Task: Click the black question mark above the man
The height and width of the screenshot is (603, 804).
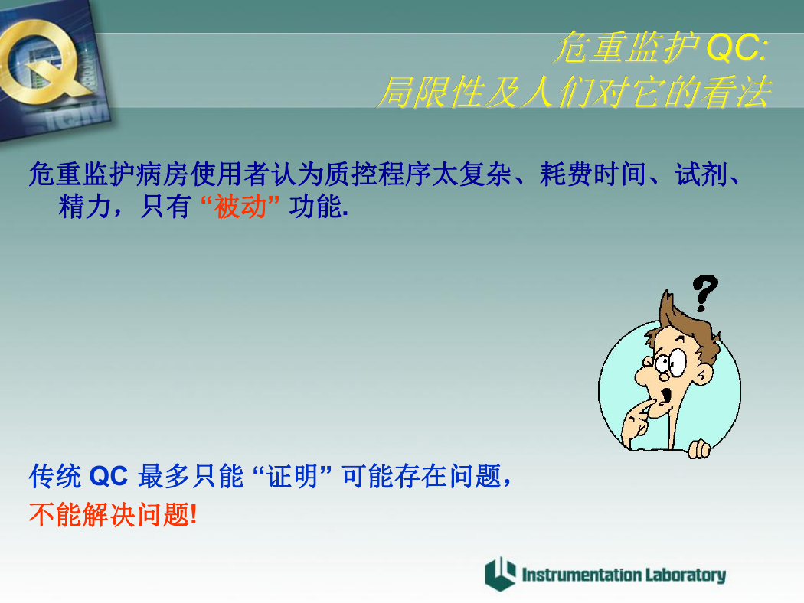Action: coord(705,294)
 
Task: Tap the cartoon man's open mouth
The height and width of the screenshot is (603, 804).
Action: coord(666,396)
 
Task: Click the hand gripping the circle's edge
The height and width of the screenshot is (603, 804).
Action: coord(699,449)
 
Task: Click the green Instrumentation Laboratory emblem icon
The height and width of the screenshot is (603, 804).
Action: coord(500,574)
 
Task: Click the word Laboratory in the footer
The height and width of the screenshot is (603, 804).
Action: coord(685,575)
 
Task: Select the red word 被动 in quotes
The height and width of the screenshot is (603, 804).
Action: coord(240,207)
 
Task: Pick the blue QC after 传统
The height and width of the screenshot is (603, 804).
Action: coord(108,477)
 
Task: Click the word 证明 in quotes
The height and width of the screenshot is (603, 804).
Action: coord(293,477)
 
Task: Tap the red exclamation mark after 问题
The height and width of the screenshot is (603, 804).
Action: coord(193,514)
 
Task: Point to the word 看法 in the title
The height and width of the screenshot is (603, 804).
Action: coord(736,93)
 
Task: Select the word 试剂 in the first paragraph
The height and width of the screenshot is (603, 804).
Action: coord(701,174)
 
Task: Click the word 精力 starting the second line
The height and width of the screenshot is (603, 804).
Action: coord(85,207)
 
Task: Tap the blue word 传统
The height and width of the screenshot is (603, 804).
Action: coord(55,477)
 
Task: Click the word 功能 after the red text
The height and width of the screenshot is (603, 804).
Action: coord(315,207)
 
